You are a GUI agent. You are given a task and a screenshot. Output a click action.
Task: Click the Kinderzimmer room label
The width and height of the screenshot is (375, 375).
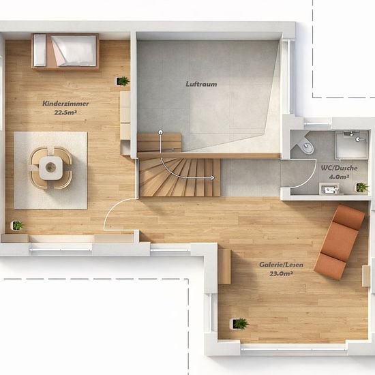pos(65,104)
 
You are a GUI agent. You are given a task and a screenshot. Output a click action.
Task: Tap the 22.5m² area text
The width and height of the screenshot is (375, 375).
pos(65,112)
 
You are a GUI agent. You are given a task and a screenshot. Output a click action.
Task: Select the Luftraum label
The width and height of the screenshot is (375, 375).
pos(201,84)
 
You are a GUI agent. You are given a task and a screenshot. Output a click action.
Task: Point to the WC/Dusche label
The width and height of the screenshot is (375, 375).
pos(339,168)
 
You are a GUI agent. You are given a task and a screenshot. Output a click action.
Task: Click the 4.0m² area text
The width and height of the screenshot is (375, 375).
pos(339,177)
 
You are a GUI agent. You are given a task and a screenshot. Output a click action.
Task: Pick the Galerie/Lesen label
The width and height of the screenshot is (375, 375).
pos(281,265)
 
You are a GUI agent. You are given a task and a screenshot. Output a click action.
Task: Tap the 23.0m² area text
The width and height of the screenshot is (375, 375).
pos(281,273)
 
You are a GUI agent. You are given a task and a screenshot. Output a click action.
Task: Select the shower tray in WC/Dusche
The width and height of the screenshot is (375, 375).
pos(351,145)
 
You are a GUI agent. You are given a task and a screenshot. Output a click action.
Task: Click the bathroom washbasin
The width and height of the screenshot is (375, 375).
pos(329,189)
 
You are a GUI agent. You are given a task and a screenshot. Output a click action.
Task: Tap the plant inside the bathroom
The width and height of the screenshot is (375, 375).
pos(361,187)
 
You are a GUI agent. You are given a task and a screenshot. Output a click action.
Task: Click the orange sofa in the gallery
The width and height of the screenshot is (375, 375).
pos(340,242)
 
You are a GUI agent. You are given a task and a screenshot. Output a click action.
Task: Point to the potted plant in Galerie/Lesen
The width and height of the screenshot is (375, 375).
pos(239,324)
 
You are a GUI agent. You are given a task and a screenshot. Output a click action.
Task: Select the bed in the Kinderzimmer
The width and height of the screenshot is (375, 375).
pos(65,52)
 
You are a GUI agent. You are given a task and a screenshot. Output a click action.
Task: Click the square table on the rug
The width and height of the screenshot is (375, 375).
pos(50,168)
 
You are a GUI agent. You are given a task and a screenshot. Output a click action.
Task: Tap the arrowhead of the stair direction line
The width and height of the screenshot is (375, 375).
pos(212,178)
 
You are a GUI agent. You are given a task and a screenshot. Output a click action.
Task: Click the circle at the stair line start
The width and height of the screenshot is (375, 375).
pos(160,132)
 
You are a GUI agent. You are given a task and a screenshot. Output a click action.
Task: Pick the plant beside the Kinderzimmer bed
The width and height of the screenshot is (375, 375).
pos(123,81)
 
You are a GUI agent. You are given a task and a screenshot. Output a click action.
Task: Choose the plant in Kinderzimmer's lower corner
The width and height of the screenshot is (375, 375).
pos(17,225)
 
